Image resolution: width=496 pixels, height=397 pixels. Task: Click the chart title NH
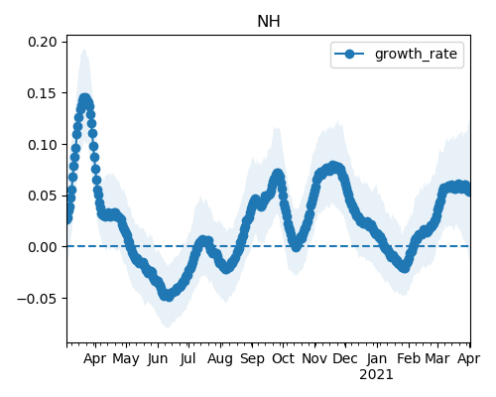tap(269, 22)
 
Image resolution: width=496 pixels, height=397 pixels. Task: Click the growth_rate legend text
tap(416, 54)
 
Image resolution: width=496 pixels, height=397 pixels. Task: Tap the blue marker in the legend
tap(349, 54)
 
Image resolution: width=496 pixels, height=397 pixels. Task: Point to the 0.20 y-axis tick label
tap(43, 42)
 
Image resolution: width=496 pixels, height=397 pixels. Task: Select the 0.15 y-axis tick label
tap(43, 93)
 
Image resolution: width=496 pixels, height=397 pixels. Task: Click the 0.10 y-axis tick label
tap(43, 145)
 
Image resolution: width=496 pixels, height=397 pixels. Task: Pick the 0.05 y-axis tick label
tap(43, 196)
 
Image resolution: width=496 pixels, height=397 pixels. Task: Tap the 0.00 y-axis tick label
tap(43, 247)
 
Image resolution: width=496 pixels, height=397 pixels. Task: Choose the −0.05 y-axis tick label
tap(37, 298)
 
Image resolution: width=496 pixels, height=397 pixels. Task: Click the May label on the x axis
tap(126, 359)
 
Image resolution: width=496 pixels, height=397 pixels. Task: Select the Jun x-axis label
tap(158, 359)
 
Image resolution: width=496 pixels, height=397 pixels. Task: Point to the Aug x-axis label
tap(220, 359)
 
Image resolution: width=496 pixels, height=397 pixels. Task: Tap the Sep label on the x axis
tap(252, 359)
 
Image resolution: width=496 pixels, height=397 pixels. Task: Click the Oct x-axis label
tap(283, 359)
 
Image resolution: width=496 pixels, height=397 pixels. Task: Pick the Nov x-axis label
tap(314, 359)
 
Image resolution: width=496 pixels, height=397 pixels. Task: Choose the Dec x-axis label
tap(345, 359)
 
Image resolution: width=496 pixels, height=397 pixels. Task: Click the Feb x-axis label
tap(409, 359)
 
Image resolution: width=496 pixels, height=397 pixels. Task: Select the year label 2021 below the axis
tap(376, 375)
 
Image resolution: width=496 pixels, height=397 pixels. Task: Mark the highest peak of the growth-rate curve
tap(84, 98)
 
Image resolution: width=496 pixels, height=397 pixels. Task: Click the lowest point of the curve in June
tap(169, 296)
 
